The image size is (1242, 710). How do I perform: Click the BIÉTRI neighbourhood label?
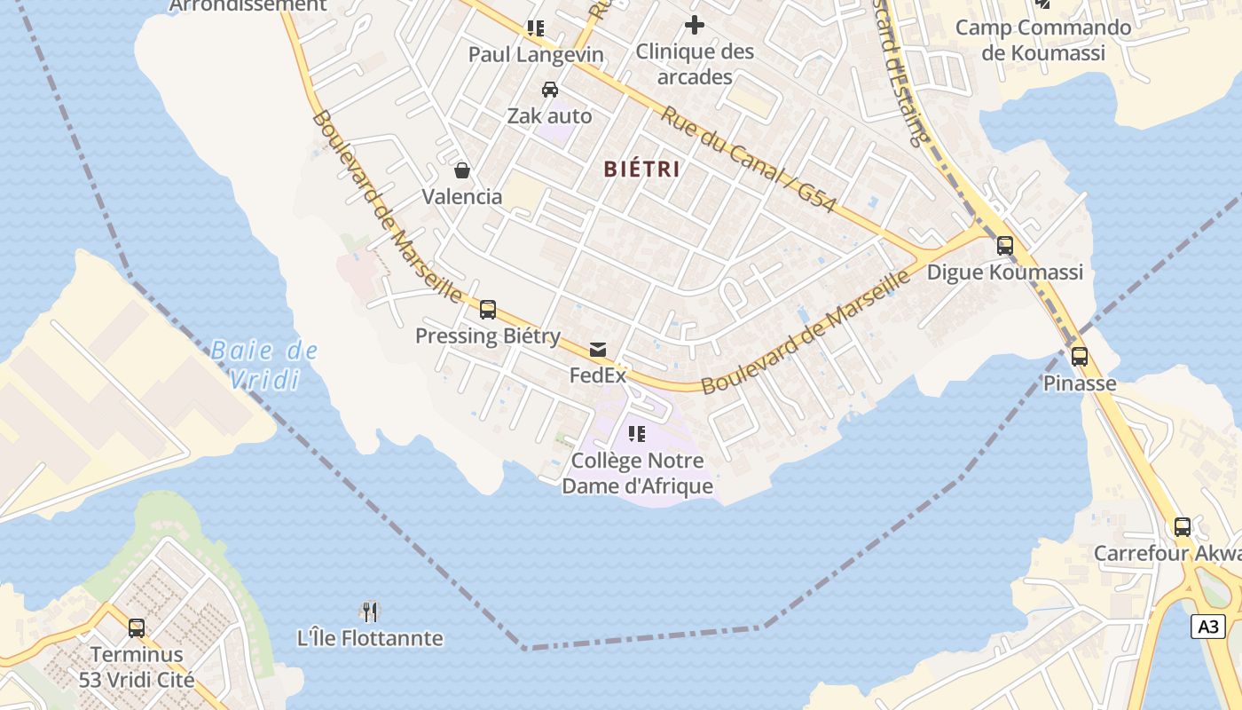641,169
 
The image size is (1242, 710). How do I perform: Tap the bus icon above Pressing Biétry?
488,310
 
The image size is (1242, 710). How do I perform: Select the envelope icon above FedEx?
598,350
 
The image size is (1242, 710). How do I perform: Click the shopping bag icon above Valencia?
462,170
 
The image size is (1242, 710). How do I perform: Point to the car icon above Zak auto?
550,90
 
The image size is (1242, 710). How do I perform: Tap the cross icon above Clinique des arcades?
695,25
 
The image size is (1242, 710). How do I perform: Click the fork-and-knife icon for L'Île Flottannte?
370,611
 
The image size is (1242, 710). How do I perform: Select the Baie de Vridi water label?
264,365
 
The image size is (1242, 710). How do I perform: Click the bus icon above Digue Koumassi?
1005,246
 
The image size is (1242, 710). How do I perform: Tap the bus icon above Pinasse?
1080,357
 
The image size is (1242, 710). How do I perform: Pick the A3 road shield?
1208,627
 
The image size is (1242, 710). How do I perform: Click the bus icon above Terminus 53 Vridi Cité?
137,628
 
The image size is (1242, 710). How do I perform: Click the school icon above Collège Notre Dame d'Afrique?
637,434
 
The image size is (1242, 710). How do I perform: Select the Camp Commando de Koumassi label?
1043,40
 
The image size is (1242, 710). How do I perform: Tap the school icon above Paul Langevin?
536,28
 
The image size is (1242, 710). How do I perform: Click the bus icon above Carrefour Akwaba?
1183,527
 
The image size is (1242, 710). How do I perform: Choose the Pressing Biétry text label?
488,336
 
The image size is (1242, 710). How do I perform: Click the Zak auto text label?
549,116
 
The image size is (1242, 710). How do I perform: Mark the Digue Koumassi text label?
1005,272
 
